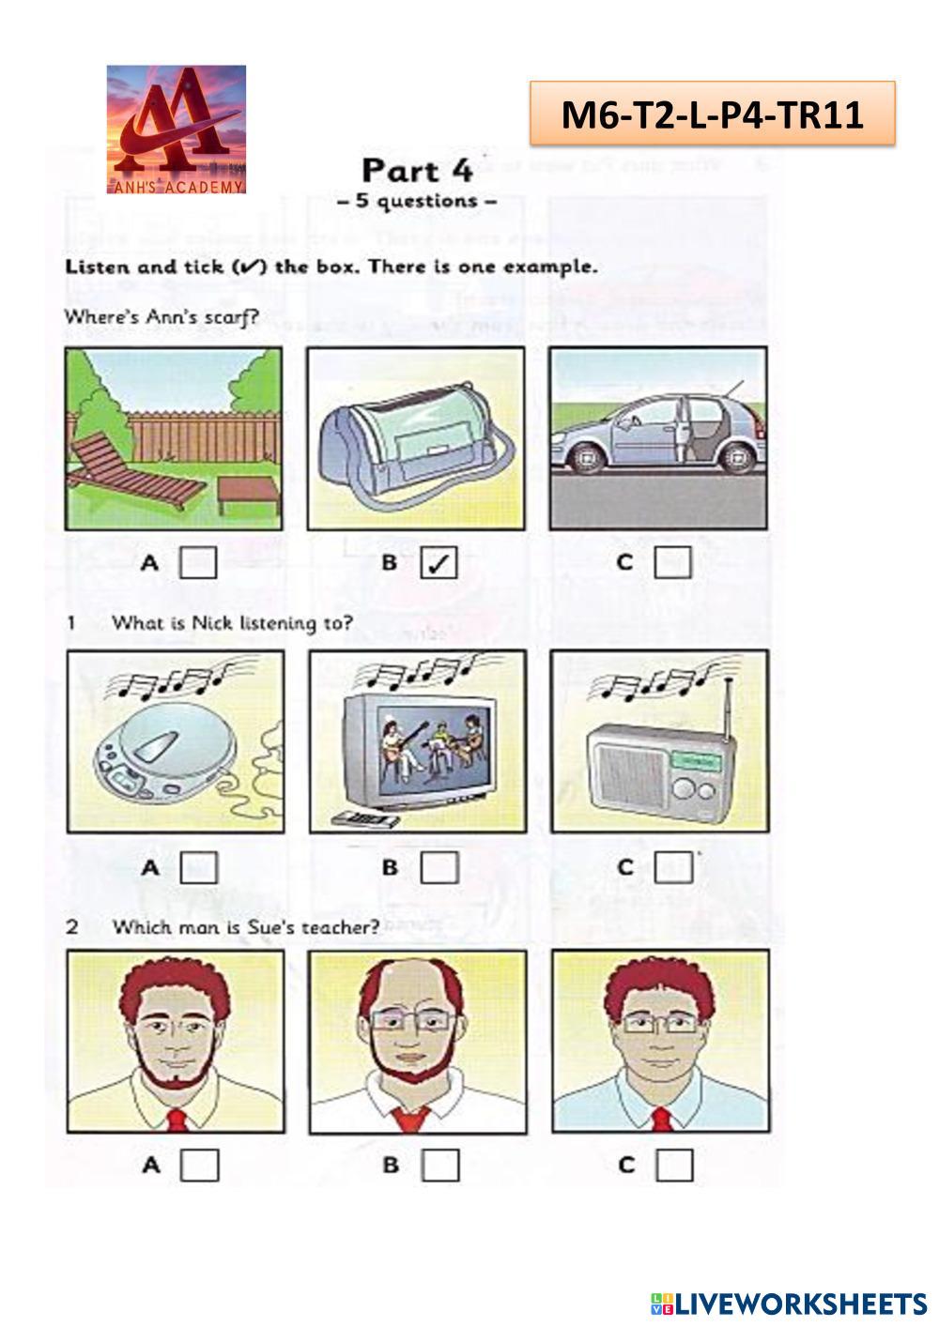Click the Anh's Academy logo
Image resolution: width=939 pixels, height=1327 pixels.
[x=177, y=130]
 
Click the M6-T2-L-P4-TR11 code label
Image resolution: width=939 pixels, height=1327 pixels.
[x=712, y=114]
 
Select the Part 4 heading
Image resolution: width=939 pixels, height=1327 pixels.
[x=417, y=171]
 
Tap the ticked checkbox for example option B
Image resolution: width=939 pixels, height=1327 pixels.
[x=439, y=563]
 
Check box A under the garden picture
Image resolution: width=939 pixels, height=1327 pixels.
[x=198, y=563]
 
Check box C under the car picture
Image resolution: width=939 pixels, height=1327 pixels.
[x=673, y=563]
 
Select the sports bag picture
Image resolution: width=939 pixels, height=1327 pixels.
[x=416, y=439]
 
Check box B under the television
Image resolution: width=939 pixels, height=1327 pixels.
[x=439, y=867]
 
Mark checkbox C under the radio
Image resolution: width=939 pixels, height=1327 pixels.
[x=673, y=867]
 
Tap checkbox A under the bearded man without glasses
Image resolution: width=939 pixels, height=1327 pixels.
[x=199, y=1166]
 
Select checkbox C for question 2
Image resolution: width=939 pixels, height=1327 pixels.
[x=674, y=1166]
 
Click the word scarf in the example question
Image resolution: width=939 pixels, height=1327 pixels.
[x=230, y=317]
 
